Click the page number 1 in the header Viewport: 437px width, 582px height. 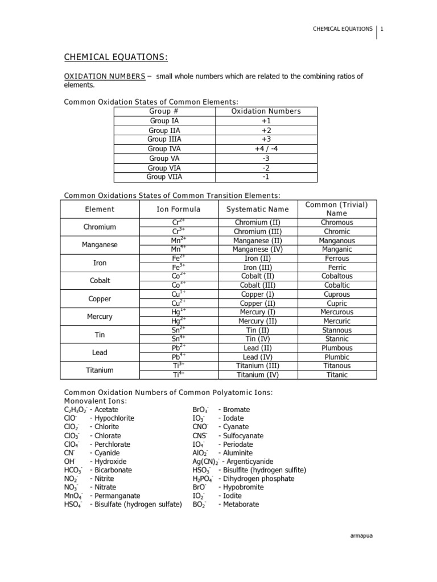pos(382,29)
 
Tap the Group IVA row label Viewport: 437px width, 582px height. pos(164,149)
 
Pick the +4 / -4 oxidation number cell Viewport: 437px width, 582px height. pos(266,149)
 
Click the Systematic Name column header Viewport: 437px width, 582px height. pos(254,209)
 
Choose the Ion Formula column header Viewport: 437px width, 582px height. pos(179,209)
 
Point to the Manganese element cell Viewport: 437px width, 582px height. pos(100,245)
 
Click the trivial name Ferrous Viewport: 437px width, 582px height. pos(336,259)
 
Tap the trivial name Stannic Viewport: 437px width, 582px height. pos(336,339)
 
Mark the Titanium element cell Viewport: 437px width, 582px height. pos(100,371)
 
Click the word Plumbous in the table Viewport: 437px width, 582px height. pos(336,348)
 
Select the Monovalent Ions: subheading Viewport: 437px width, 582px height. pos(95,401)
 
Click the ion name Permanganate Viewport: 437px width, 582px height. pos(117,496)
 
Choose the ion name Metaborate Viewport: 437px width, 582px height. pos(241,504)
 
